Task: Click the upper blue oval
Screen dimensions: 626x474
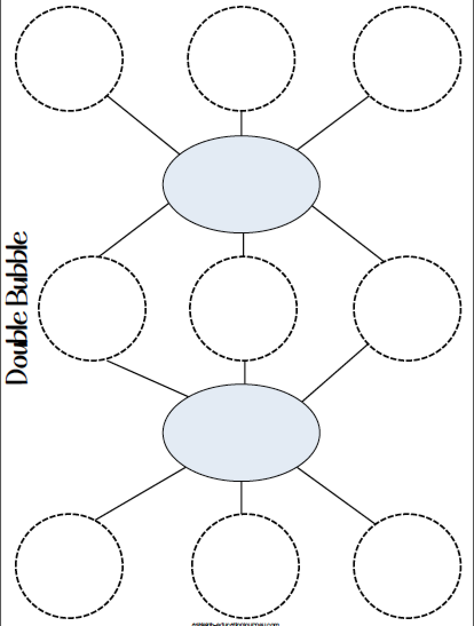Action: [241, 184]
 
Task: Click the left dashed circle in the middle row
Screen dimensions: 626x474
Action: [92, 308]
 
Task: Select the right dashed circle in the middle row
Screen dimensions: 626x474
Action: [407, 308]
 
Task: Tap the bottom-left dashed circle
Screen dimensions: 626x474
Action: [69, 565]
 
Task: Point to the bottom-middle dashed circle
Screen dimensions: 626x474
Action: [245, 565]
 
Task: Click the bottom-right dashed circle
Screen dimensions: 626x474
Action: [407, 565]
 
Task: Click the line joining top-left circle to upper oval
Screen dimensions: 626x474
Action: [143, 124]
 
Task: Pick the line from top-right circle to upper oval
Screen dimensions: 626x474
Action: [333, 122]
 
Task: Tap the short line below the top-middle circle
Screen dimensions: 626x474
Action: [241, 123]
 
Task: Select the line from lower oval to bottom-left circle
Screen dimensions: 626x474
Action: [140, 494]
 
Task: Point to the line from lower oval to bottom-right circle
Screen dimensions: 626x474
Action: [337, 496]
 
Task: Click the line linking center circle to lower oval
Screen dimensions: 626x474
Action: [244, 373]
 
